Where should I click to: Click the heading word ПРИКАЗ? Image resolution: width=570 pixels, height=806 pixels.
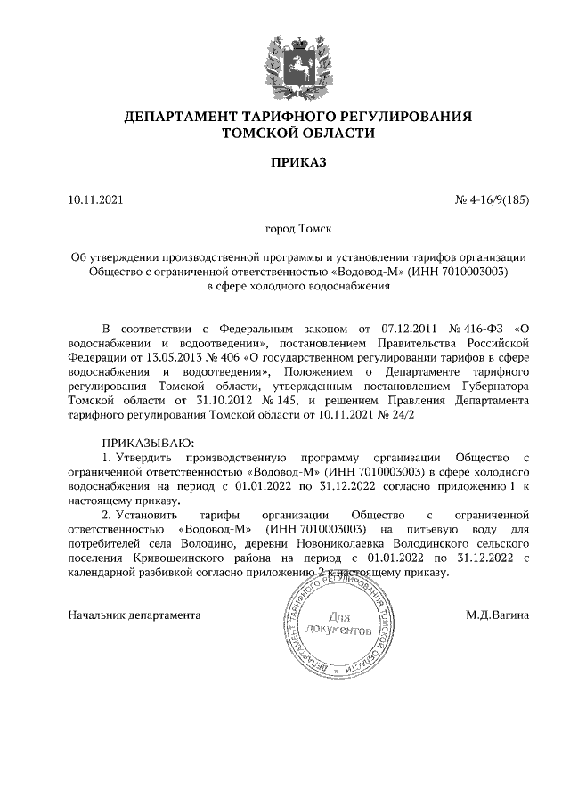pos(298,161)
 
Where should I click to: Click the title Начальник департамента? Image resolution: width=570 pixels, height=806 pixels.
pos(134,615)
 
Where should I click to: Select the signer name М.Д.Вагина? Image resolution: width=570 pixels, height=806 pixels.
pos(498,615)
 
